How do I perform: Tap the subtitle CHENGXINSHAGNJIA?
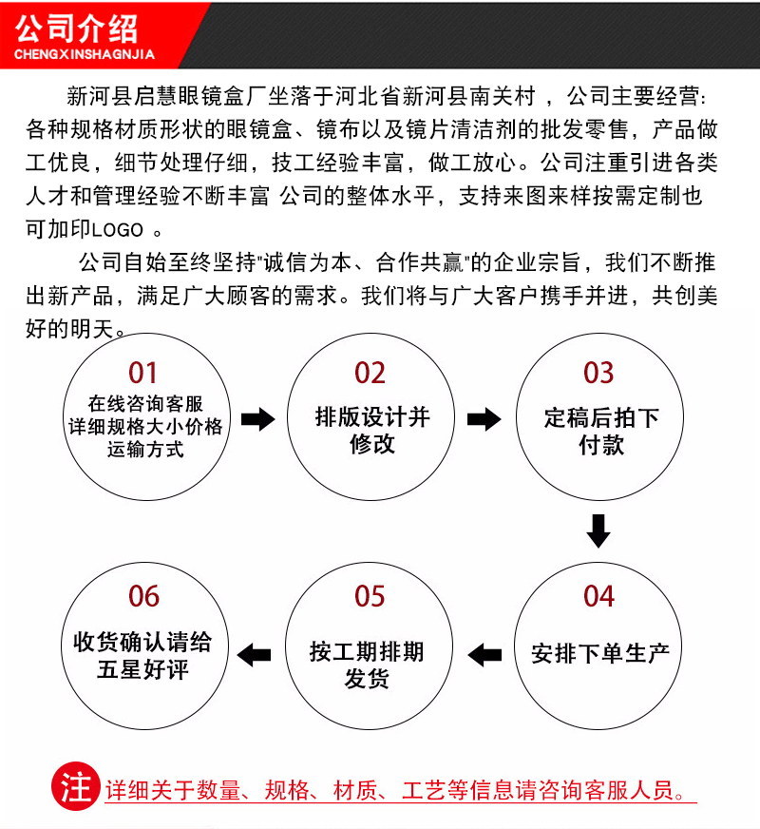(84, 54)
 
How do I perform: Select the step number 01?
(143, 372)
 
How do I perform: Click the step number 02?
(370, 372)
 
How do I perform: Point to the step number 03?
(598, 372)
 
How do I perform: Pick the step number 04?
(598, 596)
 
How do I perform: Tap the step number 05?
(370, 596)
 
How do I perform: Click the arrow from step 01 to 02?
(257, 419)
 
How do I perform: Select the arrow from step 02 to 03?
(484, 419)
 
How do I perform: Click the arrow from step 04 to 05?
(485, 654)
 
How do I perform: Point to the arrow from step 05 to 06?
(254, 654)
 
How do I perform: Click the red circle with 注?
(75, 787)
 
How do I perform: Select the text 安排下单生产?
(600, 654)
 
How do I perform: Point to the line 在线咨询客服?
(145, 403)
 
